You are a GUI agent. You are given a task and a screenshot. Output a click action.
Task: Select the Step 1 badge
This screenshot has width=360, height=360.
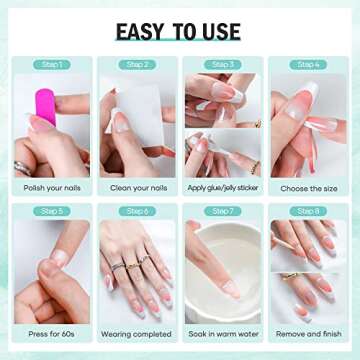coord(52,65)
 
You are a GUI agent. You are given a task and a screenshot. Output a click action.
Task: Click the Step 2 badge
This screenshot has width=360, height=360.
coord(138,65)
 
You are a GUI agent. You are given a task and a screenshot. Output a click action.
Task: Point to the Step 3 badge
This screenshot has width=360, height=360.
coord(224,65)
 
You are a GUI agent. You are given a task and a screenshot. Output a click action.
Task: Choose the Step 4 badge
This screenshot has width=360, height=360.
coord(309,65)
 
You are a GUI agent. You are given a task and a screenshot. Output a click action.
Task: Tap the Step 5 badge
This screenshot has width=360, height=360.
coord(52,211)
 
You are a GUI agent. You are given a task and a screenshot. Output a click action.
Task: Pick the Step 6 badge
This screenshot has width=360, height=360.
coord(138,211)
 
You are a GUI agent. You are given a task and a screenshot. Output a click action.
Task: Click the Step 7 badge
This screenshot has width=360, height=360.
coord(224,211)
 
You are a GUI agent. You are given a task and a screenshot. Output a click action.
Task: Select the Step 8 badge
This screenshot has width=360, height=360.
coord(309,211)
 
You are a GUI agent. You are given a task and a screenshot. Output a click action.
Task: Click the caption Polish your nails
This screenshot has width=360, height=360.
coord(52,186)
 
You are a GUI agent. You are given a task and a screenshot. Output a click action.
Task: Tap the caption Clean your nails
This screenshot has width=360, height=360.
coord(138,186)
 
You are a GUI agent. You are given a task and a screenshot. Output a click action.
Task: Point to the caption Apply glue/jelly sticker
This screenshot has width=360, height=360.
coord(223,186)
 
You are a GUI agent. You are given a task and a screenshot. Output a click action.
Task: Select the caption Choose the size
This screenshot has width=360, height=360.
coord(309,186)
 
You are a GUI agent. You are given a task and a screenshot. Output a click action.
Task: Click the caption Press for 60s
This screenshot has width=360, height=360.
coord(52,334)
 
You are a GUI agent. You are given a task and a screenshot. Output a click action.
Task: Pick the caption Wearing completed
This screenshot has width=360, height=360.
coord(138,334)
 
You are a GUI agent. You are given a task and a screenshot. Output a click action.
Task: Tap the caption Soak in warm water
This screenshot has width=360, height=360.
coord(223,334)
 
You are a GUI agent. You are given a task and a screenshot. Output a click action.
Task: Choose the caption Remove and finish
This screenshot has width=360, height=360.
coord(309,334)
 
